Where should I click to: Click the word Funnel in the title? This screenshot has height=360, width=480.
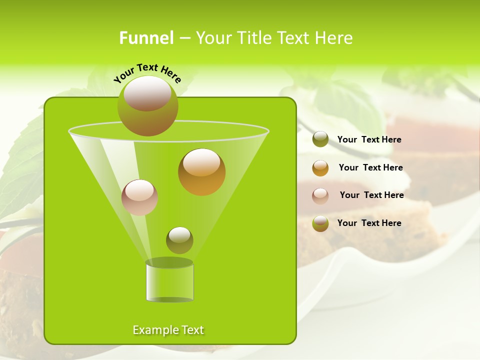pos(146,38)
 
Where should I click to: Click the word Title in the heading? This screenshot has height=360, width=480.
pos(252,38)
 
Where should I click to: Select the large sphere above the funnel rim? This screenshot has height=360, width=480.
pos(148,106)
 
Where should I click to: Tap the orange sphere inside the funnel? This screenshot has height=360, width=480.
pos(201,172)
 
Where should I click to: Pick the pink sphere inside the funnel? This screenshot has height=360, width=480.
pos(139,197)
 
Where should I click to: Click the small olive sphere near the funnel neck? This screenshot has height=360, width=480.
pos(179,240)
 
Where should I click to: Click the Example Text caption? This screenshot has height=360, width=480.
pos(168,330)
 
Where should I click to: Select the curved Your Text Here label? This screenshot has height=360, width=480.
pos(147,73)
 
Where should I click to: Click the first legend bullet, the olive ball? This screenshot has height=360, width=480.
pos(320,139)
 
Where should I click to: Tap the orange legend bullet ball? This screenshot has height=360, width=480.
pos(320,168)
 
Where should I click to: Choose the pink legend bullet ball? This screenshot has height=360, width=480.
pos(320,195)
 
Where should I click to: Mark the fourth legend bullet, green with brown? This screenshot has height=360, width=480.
pos(320,223)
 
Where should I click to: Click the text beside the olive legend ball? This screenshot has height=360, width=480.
pos(369,139)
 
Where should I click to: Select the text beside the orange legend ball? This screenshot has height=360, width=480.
pos(370,167)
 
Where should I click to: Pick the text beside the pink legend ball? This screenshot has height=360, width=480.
pos(371,195)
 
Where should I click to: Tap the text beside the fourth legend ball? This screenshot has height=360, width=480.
pos(369,223)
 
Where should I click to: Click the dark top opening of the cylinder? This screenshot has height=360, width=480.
pos(169,262)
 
